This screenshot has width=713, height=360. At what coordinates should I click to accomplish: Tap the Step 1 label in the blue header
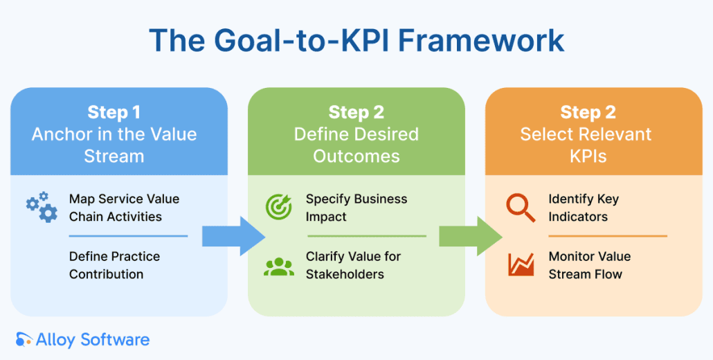pos(114,113)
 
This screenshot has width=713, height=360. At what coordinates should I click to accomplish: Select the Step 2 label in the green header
pos(356,113)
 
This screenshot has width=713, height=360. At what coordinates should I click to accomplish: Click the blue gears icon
pos(42,207)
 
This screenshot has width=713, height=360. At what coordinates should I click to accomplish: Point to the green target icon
pos(279,207)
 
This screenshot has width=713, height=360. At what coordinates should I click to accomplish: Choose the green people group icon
pos(279,266)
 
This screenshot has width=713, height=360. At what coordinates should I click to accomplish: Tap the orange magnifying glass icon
pos(521,207)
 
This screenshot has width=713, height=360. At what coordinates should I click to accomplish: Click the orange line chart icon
pos(521,264)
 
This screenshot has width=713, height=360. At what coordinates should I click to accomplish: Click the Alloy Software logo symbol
pos(24,339)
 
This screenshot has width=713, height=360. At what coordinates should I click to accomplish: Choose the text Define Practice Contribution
pos(114,265)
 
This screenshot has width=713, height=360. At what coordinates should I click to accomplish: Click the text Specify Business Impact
pos(356,208)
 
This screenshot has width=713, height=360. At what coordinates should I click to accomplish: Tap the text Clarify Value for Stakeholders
pos(353,265)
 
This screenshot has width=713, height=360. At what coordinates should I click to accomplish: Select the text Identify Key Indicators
pos(584,208)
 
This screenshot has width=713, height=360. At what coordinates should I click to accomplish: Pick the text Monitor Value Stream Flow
pos(589,265)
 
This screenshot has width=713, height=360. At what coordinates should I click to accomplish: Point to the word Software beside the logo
pos(115,340)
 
